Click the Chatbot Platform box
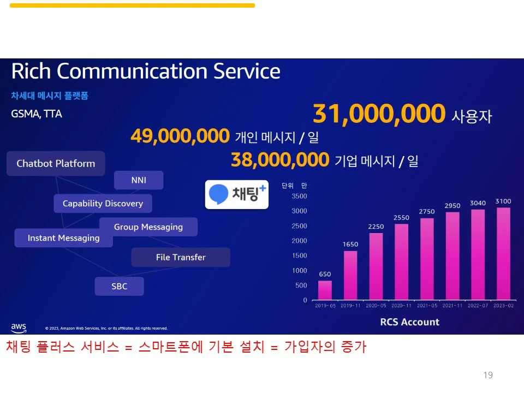click(56, 163)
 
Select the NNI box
click(139, 180)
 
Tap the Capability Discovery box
click(103, 204)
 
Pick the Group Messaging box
click(148, 227)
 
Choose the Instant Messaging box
click(63, 238)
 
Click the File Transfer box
click(181, 257)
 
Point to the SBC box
click(120, 286)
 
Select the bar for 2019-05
click(325, 290)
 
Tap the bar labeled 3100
click(503, 253)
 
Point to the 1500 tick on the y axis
click(299, 255)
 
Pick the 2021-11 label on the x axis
click(452, 306)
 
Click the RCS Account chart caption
click(409, 322)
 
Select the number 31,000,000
click(379, 114)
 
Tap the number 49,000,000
click(180, 136)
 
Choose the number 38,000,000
click(280, 160)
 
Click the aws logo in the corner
click(19, 327)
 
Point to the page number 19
click(488, 375)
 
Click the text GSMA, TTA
click(37, 114)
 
